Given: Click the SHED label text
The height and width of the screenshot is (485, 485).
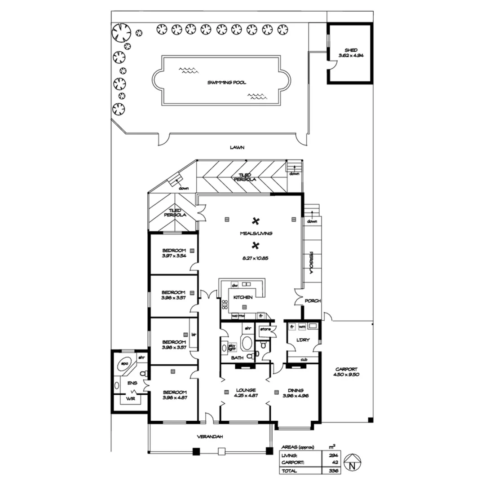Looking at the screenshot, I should (350, 50).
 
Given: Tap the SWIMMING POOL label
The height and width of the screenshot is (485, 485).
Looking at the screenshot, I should (227, 83).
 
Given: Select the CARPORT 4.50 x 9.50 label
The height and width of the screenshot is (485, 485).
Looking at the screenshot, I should (347, 372).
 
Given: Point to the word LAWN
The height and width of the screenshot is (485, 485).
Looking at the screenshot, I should (236, 147).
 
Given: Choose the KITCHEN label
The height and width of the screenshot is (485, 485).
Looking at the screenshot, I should (242, 297).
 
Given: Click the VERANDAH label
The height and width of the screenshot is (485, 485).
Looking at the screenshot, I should (210, 436).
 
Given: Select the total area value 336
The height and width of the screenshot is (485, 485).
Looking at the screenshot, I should (333, 471).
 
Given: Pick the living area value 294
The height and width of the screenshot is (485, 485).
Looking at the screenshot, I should (333, 455).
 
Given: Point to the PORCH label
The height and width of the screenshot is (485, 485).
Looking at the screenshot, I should (312, 301).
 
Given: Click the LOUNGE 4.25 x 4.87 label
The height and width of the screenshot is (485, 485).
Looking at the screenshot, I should (245, 392).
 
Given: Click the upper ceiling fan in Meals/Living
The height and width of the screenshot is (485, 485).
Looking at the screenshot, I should (256, 220).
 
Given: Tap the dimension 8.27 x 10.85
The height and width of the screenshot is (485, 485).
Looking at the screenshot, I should (256, 258).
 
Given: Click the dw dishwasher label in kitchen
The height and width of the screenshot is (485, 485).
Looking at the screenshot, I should (234, 285).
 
